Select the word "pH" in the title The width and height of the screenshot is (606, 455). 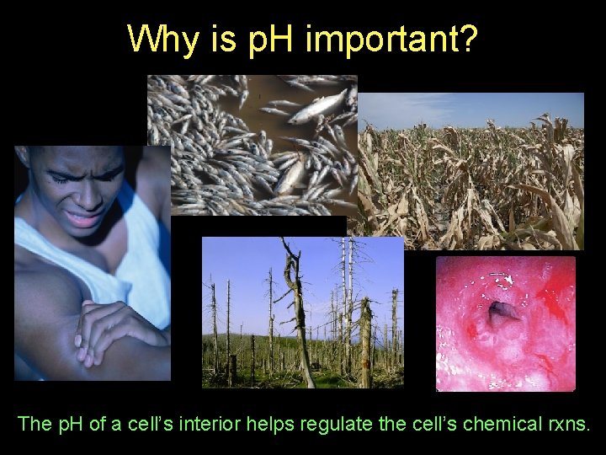point(265,38)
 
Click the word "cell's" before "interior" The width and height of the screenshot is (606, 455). point(157,424)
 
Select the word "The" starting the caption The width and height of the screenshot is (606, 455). point(35,424)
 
